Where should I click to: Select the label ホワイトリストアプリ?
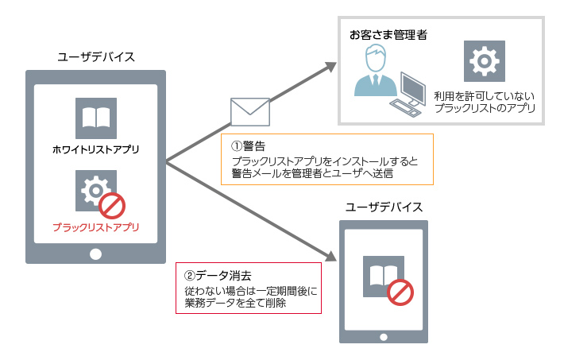[x=95, y=149]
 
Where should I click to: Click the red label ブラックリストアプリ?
[x=95, y=227]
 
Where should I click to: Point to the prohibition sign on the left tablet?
[x=113, y=207]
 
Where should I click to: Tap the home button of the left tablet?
[x=95, y=254]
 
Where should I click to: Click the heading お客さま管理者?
[x=384, y=36]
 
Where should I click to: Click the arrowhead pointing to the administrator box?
[x=332, y=67]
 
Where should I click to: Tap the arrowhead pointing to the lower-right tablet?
[x=331, y=256]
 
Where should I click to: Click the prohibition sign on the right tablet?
[x=400, y=292]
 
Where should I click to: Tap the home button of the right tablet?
[x=384, y=332]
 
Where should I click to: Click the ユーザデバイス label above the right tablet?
[x=384, y=207]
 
